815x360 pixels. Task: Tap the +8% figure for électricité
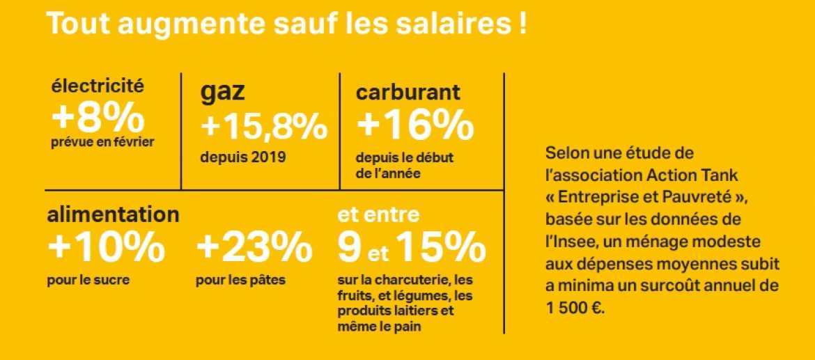click(98, 118)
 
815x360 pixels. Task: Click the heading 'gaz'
click(223, 93)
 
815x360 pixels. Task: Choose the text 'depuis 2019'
click(242, 157)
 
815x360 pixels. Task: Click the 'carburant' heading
click(407, 92)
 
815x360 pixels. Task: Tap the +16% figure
click(415, 126)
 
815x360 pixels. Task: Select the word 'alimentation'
click(113, 214)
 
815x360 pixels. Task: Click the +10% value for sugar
click(106, 246)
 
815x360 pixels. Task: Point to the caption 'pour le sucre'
click(88, 281)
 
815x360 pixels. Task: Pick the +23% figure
click(254, 246)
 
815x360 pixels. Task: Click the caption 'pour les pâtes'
click(241, 281)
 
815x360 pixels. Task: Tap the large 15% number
click(442, 246)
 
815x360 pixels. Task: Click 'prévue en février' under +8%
click(102, 142)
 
